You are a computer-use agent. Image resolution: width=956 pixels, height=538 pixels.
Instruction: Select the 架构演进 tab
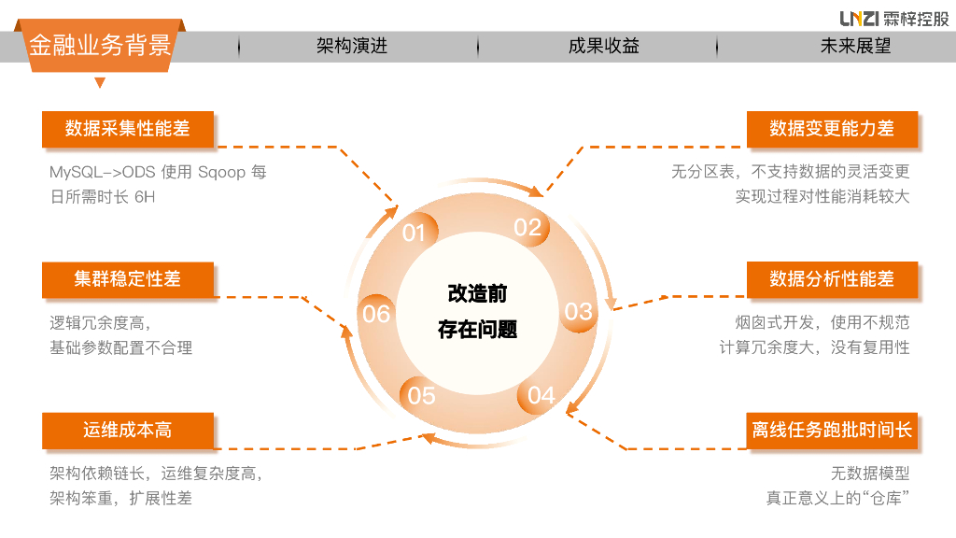coord(351,46)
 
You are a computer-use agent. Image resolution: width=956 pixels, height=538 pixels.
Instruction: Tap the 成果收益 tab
coord(603,46)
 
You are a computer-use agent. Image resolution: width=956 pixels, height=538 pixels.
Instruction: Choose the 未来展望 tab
coord(855,46)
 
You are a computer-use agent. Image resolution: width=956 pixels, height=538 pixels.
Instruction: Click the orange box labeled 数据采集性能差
coord(128,129)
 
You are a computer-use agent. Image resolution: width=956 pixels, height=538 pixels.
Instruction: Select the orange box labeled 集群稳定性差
coord(128,278)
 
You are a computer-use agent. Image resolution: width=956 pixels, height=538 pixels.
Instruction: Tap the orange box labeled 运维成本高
coord(128,431)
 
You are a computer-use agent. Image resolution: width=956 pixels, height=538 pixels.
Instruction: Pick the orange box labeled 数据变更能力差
coord(832,129)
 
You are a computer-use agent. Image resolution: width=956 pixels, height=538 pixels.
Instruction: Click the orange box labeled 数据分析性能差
coord(832,278)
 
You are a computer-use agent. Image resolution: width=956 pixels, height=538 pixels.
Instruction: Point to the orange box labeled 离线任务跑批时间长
coord(832,431)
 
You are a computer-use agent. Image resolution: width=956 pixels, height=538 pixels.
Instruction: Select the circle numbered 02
coord(527,227)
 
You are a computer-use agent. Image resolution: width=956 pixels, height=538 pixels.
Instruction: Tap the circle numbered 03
coord(579,311)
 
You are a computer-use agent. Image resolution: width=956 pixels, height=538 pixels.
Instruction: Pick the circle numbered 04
coord(541,395)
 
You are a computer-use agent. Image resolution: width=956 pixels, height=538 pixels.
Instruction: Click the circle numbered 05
coord(422,395)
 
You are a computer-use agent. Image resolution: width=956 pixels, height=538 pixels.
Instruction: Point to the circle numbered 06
coord(376,314)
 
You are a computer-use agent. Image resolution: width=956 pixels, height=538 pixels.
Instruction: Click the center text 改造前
coord(477,294)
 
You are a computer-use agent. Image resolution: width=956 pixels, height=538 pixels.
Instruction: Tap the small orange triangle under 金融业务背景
coord(100,82)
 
